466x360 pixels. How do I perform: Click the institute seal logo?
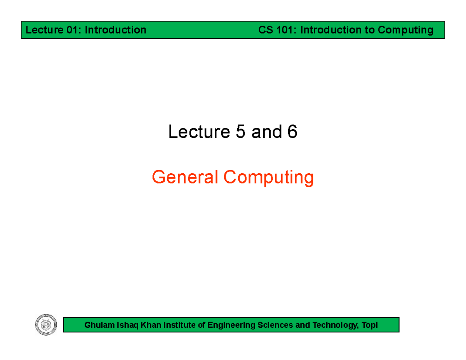(x=46, y=325)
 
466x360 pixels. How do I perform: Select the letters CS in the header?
(x=267, y=30)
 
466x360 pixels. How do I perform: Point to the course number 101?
(x=288, y=30)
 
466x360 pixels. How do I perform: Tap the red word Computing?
(x=268, y=178)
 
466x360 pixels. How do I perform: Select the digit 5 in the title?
(x=241, y=132)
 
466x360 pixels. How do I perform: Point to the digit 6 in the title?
(x=292, y=132)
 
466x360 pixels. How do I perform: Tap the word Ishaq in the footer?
(x=122, y=325)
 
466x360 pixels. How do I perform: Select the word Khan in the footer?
(x=142, y=325)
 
